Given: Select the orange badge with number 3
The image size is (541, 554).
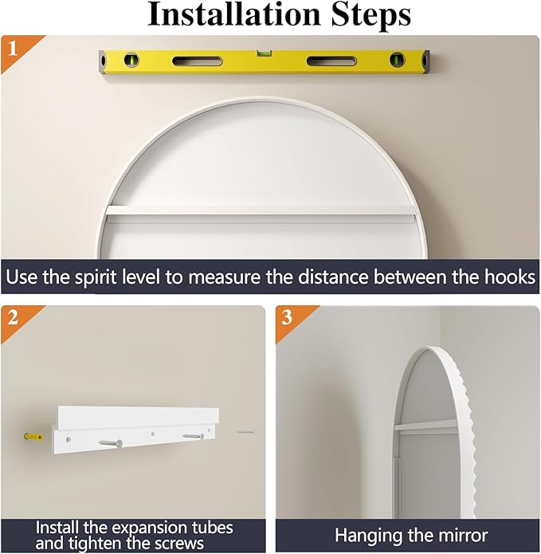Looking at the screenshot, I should tap(288, 317).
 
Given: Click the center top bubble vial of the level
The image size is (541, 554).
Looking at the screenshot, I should tap(262, 53).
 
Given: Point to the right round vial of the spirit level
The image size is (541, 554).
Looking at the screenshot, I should tap(396, 60).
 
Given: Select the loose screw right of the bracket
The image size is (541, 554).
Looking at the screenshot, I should tap(245, 432).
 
